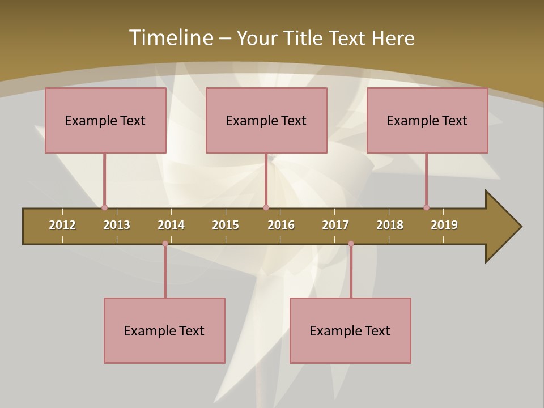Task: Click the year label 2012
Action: pyautogui.click(x=62, y=225)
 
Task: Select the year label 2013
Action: pyautogui.click(x=117, y=225)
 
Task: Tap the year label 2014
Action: pyautogui.click(x=171, y=225)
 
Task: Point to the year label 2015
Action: pyautogui.click(x=226, y=225)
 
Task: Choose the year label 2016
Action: pyautogui.click(x=281, y=225)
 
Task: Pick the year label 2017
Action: pyautogui.click(x=335, y=225)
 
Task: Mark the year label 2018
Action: pyautogui.click(x=390, y=225)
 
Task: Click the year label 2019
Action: pyautogui.click(x=444, y=225)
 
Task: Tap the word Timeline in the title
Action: pyautogui.click(x=171, y=38)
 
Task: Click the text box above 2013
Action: pyautogui.click(x=105, y=120)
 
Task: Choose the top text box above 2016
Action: pyautogui.click(x=266, y=120)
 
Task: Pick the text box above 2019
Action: pyautogui.click(x=427, y=120)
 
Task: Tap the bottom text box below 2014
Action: pyautogui.click(x=164, y=330)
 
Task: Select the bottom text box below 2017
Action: pyautogui.click(x=350, y=330)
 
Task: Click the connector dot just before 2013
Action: pyautogui.click(x=104, y=208)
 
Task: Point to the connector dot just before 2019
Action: pyautogui.click(x=426, y=208)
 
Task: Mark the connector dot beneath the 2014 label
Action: pyautogui.click(x=165, y=244)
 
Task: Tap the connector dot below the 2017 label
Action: pyautogui.click(x=351, y=244)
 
